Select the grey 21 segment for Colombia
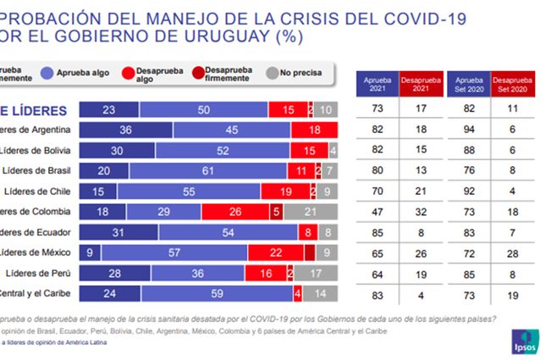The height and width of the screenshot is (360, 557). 311,211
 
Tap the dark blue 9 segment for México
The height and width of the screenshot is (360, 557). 88,252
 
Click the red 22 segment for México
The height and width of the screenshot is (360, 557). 275,252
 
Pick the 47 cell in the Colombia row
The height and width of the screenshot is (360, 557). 377,211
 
